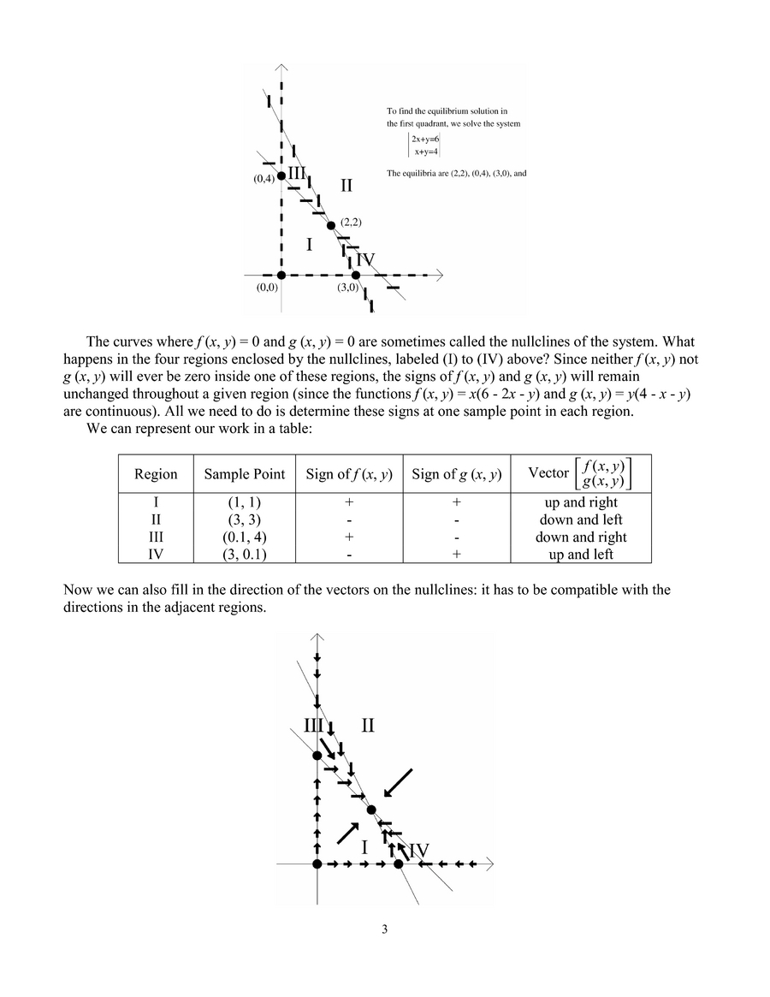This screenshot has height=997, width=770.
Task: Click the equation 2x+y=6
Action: tap(425, 139)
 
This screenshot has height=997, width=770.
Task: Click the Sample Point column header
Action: tap(244, 474)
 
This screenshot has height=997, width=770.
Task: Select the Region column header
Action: tap(156, 474)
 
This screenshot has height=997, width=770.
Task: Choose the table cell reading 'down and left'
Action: tap(581, 519)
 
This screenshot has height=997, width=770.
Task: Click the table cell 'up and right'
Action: tap(581, 502)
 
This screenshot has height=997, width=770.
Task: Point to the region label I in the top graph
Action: tap(309, 246)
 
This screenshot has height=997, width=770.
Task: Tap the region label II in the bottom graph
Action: tap(368, 727)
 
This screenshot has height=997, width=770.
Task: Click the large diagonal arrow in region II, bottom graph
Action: tap(398, 781)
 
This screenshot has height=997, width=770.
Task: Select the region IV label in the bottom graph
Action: tap(418, 851)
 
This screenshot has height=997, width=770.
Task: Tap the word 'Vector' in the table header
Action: tap(548, 473)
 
